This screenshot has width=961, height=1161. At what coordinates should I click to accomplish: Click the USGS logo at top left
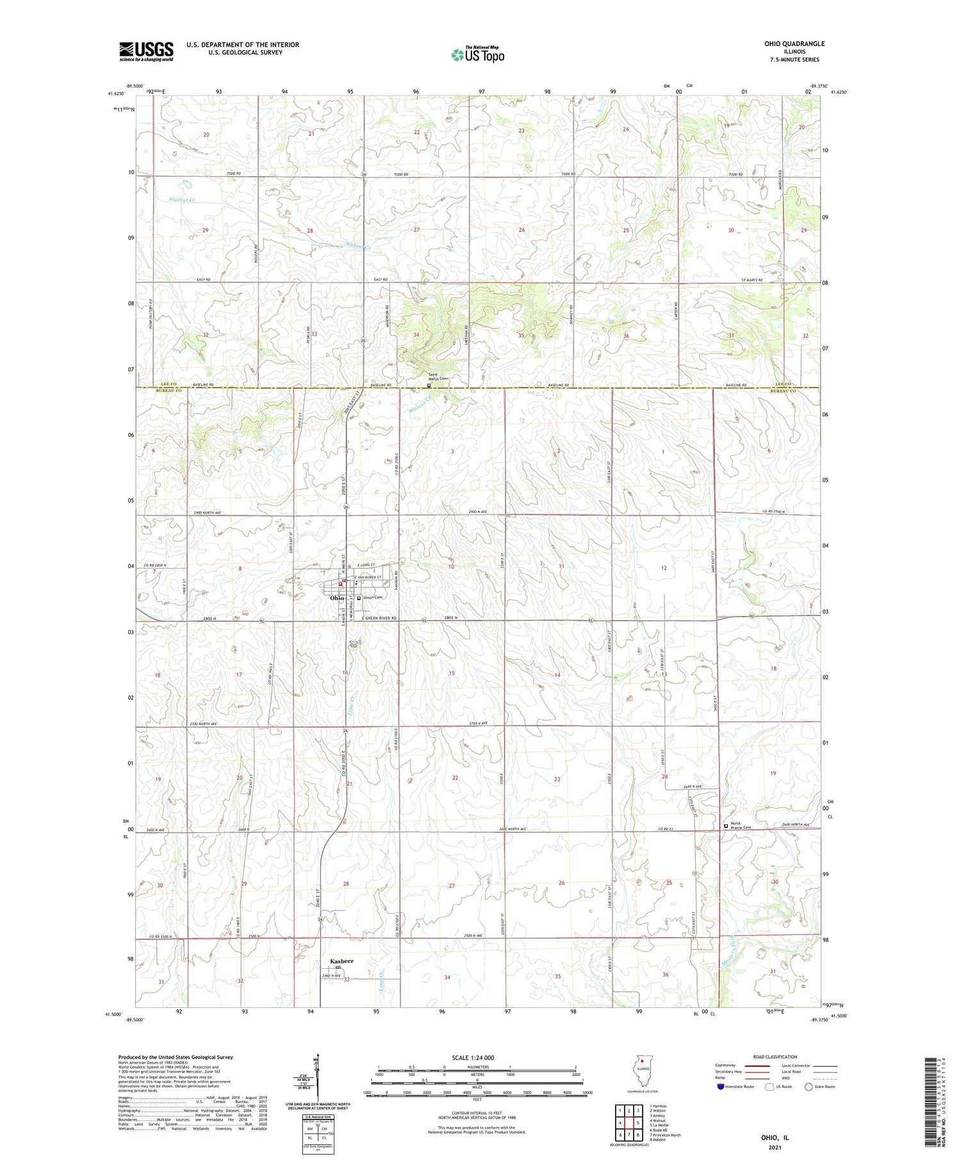tap(146, 51)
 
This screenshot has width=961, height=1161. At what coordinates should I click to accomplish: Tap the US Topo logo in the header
tap(477, 54)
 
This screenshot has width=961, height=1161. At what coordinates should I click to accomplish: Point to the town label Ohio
tap(337, 598)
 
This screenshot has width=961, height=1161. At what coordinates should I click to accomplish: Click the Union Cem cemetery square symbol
tap(359, 598)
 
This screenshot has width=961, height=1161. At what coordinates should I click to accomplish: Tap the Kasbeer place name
tap(341, 961)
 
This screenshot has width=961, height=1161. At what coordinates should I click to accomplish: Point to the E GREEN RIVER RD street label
tap(378, 618)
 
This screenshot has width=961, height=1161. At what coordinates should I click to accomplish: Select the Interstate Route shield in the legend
tap(721, 1087)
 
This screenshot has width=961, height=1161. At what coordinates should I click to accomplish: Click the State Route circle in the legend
tap(809, 1087)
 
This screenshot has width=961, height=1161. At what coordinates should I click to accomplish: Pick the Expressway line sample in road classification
tap(759, 1066)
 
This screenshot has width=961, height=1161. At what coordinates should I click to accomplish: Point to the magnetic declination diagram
tap(316, 1082)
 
